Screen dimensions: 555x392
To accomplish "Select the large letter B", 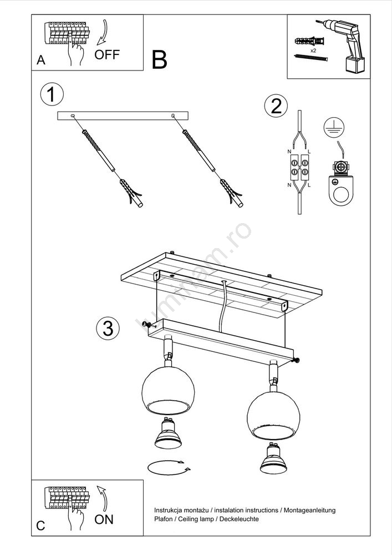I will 159,60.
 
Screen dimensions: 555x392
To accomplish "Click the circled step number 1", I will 52,95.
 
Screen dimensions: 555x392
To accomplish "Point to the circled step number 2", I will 276,106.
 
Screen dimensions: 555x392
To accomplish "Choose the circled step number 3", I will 108,328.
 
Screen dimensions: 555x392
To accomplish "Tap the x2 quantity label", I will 313,51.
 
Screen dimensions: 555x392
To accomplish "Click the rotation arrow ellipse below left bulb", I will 169,467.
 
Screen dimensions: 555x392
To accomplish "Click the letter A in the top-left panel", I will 40,60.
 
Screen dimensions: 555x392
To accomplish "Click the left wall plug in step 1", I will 131,192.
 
